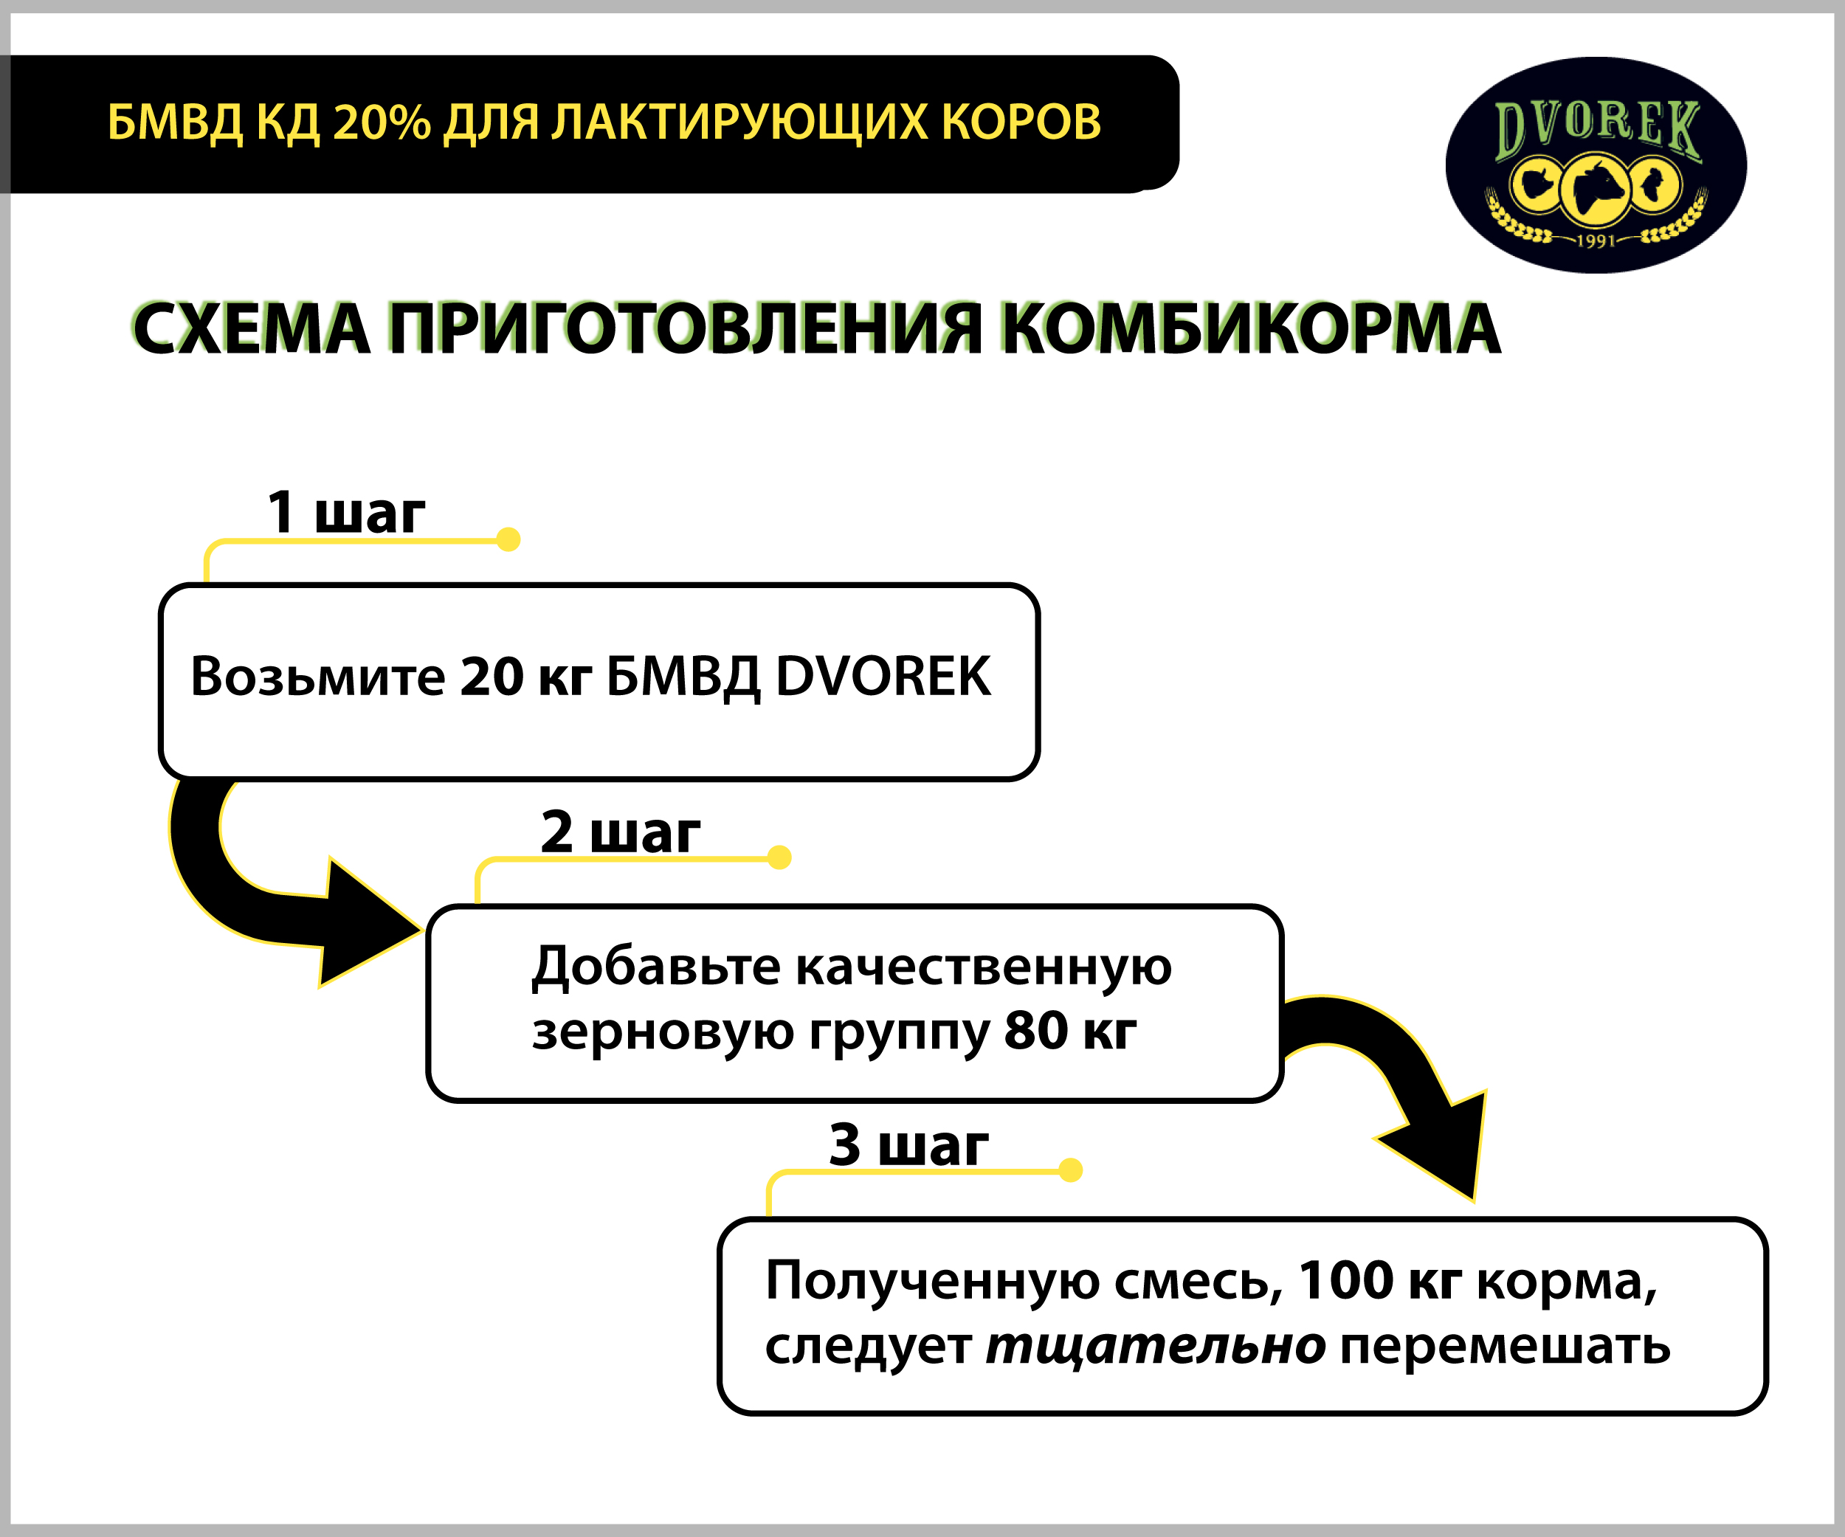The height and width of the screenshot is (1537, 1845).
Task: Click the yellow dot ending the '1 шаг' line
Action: pos(508,539)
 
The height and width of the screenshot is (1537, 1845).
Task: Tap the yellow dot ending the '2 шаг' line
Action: pos(779,857)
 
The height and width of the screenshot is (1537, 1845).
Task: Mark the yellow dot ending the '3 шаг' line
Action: pos(1070,1170)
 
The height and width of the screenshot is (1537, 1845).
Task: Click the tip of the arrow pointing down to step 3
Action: pos(1472,1200)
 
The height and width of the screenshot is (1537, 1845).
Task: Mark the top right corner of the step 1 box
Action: pos(1038,585)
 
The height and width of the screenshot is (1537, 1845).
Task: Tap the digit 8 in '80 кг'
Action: pos(1021,1030)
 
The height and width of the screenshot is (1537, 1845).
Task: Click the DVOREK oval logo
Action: pos(1596,165)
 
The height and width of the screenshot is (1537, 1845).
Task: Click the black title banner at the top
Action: pos(590,124)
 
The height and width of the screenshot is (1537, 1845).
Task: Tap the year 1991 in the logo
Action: pos(1596,240)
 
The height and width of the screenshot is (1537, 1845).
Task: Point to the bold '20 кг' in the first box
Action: pos(525,677)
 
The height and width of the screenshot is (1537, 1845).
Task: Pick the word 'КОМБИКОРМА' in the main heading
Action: pos(1251,328)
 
